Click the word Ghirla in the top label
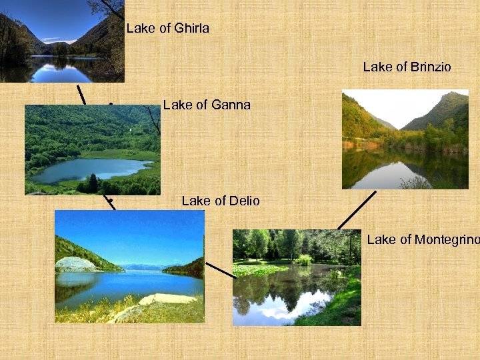[191, 28]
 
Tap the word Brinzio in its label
[431, 67]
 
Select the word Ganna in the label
[230, 105]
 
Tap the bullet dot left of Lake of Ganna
[110, 104]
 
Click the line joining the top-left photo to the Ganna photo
[81, 94]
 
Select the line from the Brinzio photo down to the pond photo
[357, 210]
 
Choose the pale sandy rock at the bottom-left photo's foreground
[163, 299]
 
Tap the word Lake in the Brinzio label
[377, 67]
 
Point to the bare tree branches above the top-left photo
[107, 9]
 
